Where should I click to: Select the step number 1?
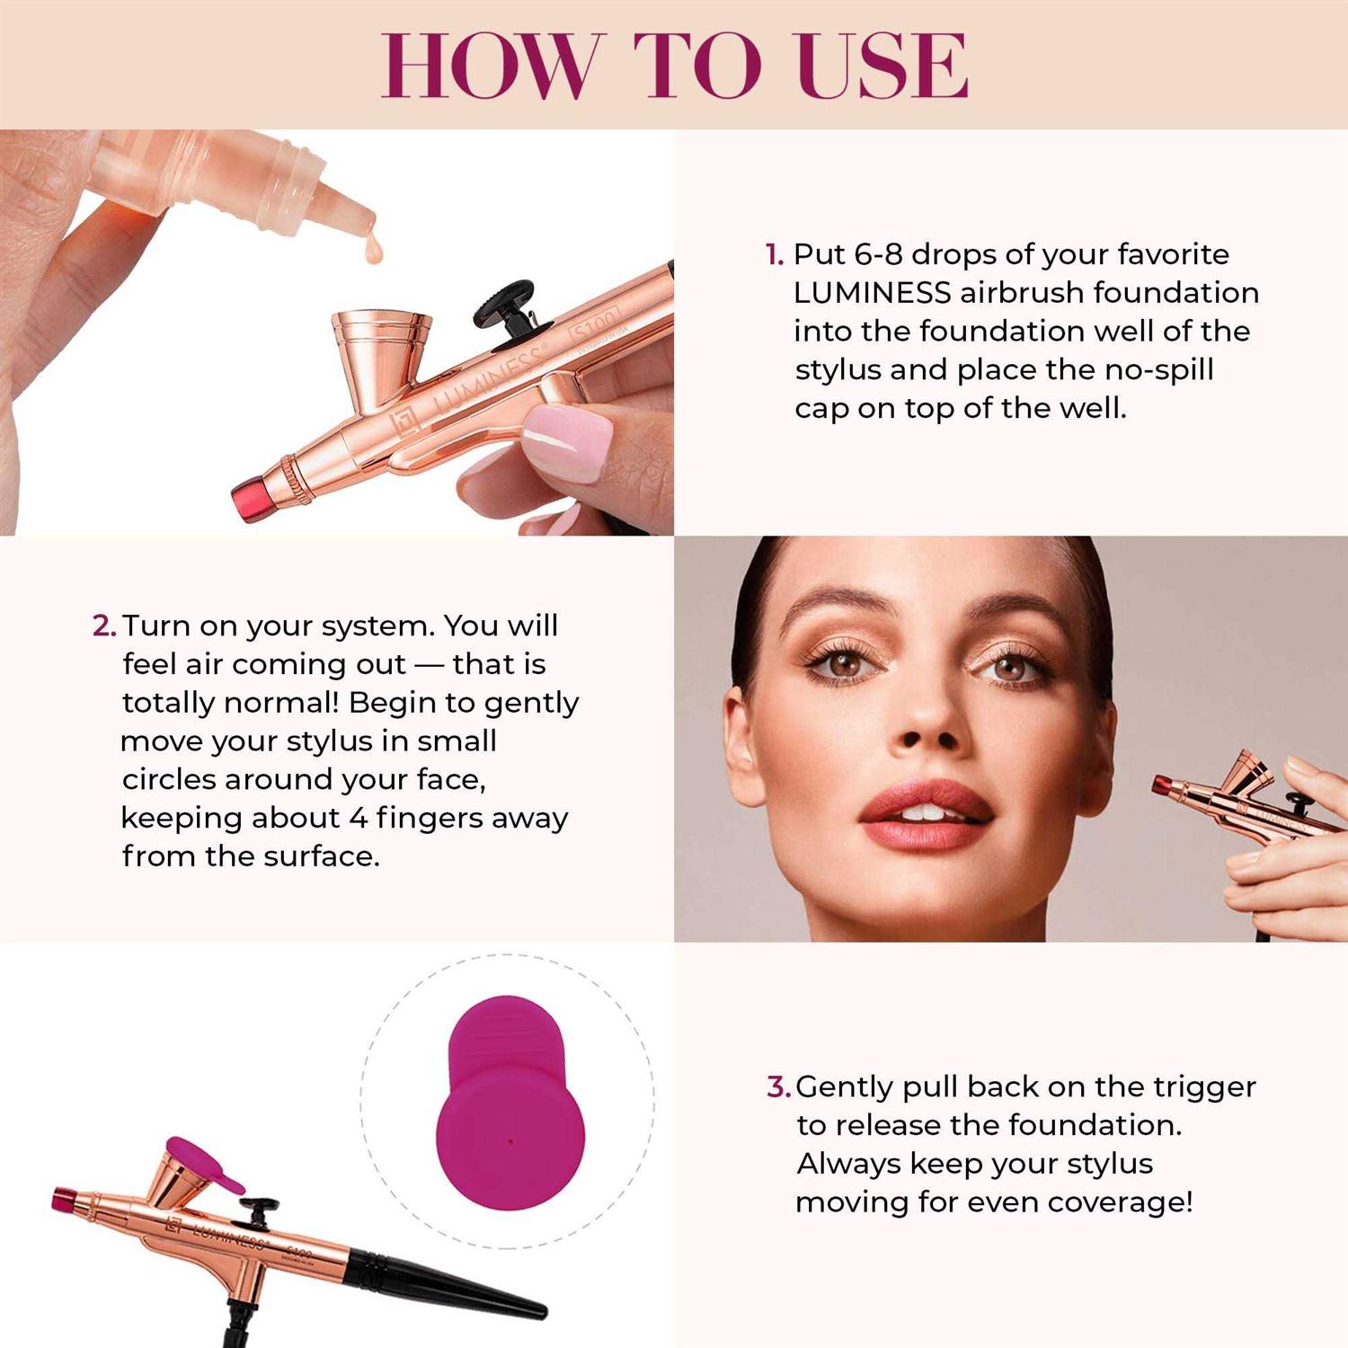(773, 255)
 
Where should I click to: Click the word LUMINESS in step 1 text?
(872, 293)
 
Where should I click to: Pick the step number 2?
(103, 625)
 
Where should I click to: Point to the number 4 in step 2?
(358, 818)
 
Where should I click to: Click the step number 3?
(777, 1087)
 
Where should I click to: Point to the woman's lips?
(926, 813)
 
